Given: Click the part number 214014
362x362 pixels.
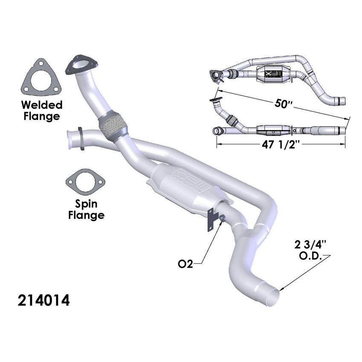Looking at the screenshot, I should pos(44,301).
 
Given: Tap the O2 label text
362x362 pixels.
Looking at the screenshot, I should pos(185,264).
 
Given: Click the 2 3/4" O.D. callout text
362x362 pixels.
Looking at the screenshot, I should pos(309,250).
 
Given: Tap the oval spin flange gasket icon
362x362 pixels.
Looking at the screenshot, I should pos(85,182).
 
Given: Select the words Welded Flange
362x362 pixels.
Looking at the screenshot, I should pos(41,109).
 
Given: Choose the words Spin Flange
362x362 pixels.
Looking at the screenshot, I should pos(86,209).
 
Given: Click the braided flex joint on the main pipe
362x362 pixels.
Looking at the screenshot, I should pos(113,124).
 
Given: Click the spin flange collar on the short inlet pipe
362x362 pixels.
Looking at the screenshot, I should pos(80,138).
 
